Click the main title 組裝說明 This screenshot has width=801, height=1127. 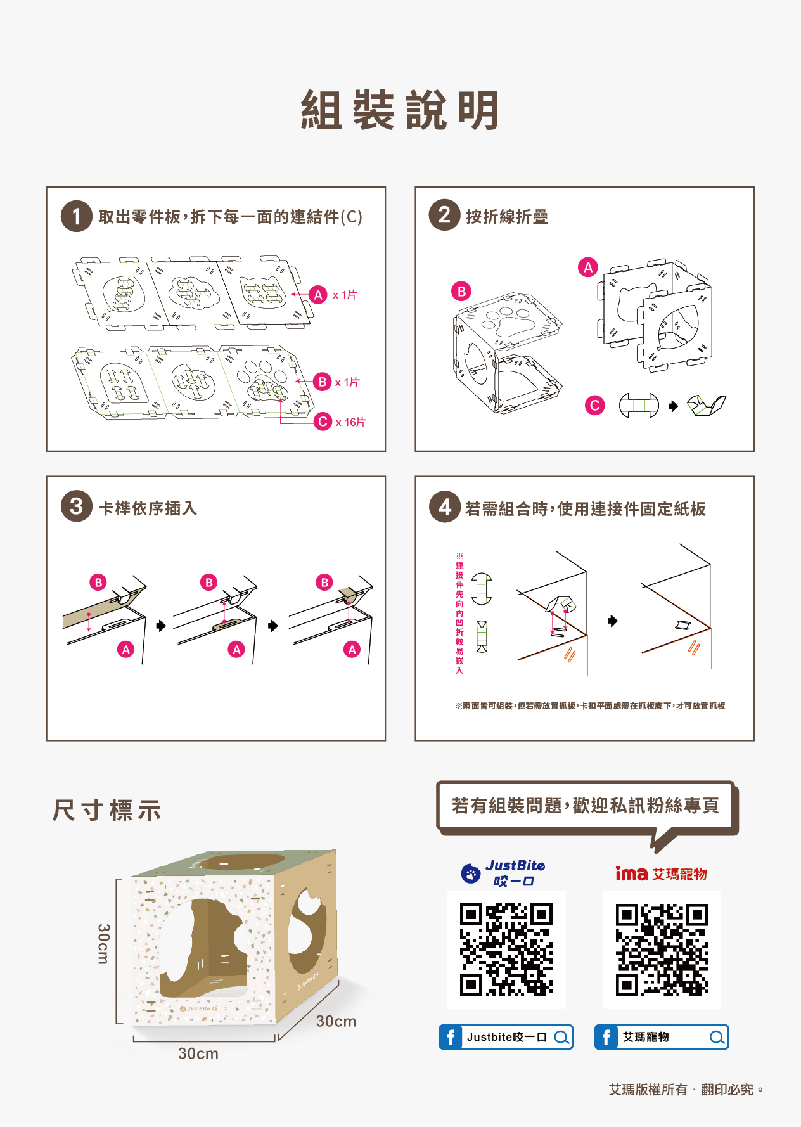point(400,110)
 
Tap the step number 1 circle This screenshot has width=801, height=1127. point(76,216)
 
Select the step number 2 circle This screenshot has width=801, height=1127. point(444,215)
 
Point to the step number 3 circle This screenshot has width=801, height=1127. point(76,506)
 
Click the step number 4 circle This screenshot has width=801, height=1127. point(444,506)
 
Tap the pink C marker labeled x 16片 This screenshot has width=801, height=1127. point(323,422)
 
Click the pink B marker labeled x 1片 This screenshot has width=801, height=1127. point(323,382)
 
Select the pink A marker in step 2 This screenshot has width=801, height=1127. point(587,267)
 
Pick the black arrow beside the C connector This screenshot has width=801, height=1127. point(673,406)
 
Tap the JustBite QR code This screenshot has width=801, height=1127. point(506,949)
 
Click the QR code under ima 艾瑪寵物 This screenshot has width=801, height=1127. point(661,949)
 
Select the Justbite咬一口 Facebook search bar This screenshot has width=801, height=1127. point(506,1037)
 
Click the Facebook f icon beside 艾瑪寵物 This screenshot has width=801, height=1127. point(606,1037)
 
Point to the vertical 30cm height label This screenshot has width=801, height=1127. point(103,944)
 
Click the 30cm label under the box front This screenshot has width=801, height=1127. point(198,1053)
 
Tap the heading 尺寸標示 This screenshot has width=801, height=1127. point(107,811)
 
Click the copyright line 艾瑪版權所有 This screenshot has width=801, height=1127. point(686,1090)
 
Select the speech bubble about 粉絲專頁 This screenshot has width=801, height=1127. point(585,806)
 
